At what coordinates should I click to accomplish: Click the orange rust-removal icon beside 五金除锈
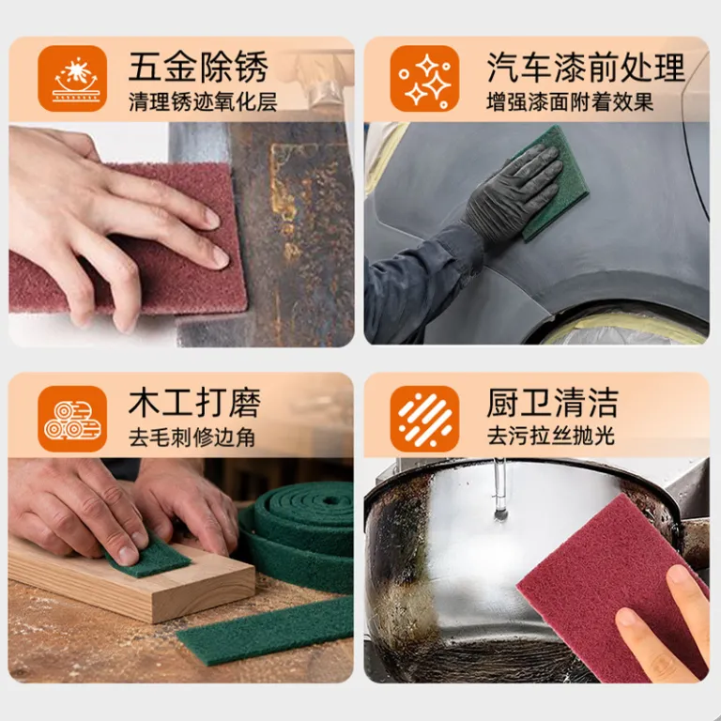[72, 78]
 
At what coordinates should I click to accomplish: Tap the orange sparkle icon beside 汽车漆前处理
[424, 78]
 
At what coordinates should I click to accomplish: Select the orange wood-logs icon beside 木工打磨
[72, 419]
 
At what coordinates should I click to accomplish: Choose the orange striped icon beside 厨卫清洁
[424, 419]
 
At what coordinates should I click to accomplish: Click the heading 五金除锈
[198, 68]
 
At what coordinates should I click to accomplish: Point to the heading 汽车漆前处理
[586, 68]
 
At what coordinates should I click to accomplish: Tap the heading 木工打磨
[194, 403]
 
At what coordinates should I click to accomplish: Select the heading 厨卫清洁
[552, 403]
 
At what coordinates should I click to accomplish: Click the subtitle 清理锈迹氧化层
[203, 102]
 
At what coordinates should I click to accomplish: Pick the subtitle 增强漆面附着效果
[570, 102]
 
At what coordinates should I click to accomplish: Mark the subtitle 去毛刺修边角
[192, 437]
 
